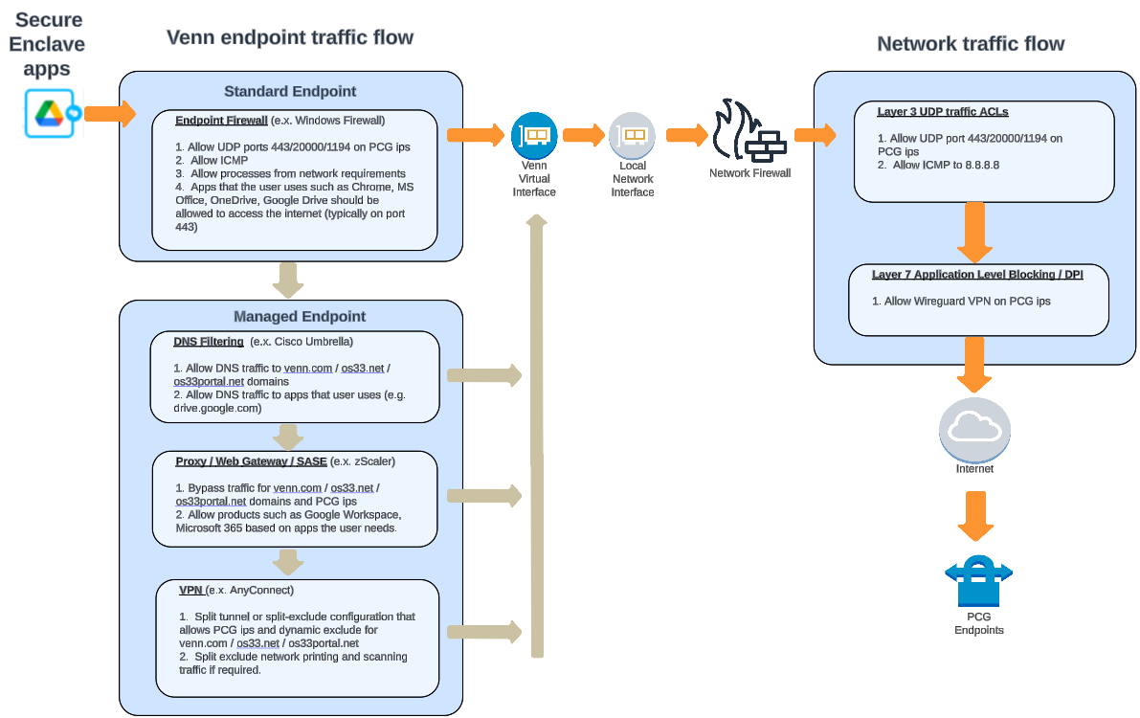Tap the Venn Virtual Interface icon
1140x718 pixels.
click(x=534, y=135)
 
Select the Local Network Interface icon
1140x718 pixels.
click(x=632, y=136)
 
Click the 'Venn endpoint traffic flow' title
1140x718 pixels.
click(x=290, y=37)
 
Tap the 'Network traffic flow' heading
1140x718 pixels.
click(x=971, y=44)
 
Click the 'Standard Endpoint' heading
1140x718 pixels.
click(x=290, y=92)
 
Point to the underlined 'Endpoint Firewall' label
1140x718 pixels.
click(x=221, y=121)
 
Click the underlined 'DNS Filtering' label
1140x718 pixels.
click(x=209, y=341)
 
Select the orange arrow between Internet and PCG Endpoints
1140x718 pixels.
click(x=974, y=515)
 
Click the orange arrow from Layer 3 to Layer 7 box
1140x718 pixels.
click(x=974, y=232)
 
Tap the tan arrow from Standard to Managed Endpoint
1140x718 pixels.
click(x=287, y=279)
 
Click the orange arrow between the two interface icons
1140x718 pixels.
click(x=582, y=135)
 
